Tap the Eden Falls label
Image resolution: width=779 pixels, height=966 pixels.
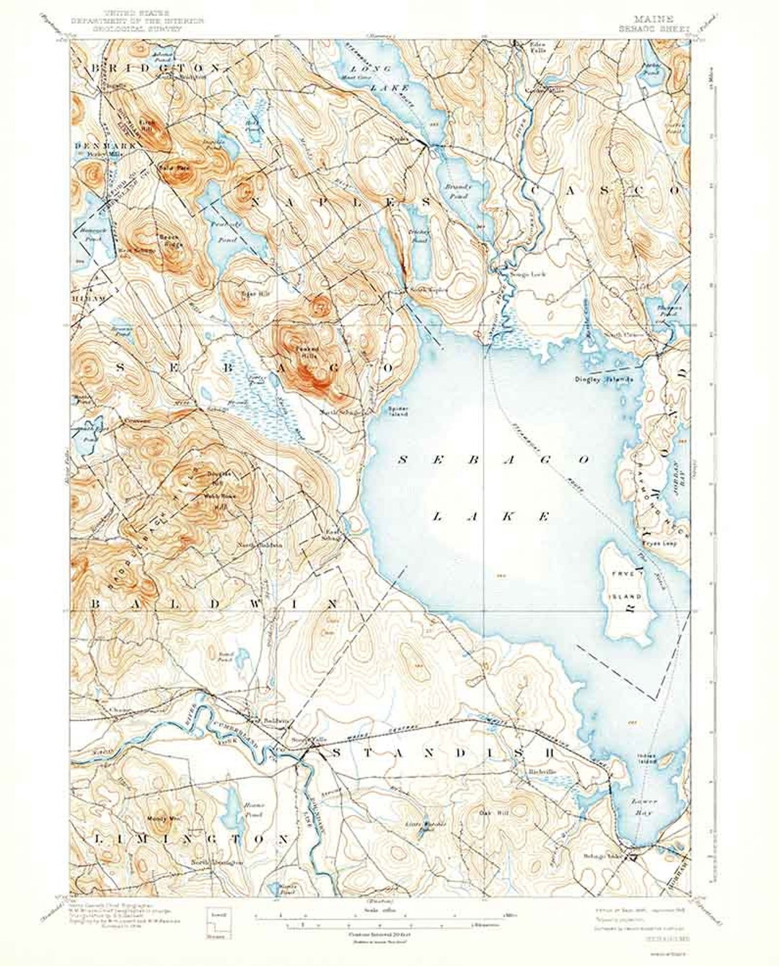tap(529, 46)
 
